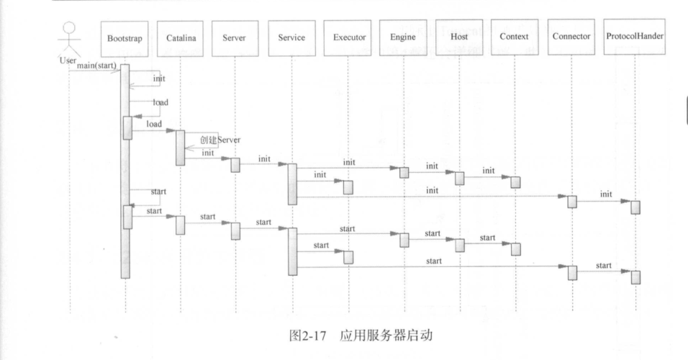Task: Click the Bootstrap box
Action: click(125, 37)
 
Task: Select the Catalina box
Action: click(180, 37)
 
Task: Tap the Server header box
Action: click(235, 37)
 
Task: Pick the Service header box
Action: click(291, 37)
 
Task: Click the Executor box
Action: click(348, 37)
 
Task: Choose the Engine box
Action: click(403, 37)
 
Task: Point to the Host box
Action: click(459, 37)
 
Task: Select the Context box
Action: click(515, 37)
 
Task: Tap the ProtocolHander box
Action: click(635, 37)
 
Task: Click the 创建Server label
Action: click(219, 139)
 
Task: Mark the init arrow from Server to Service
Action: click(263, 163)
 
